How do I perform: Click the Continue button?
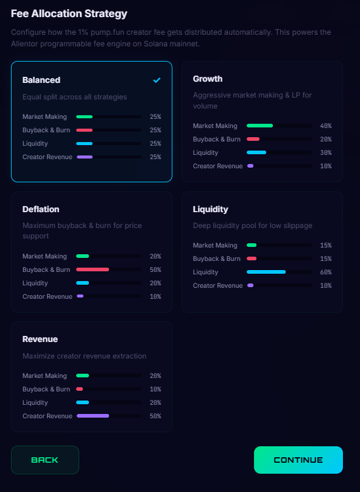click(x=298, y=460)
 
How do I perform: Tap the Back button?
click(x=45, y=460)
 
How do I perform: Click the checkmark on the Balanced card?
click(x=157, y=80)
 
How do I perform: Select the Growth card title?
click(x=208, y=79)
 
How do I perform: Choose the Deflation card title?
click(x=41, y=209)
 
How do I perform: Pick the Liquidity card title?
click(x=210, y=209)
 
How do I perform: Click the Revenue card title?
click(x=40, y=339)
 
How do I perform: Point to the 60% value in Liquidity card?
click(x=326, y=272)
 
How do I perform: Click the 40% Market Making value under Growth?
click(x=326, y=126)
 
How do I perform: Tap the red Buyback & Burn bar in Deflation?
click(x=93, y=269)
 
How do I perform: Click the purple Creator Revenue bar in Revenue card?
click(x=93, y=416)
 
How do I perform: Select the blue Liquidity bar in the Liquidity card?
click(x=266, y=272)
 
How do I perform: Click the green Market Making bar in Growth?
click(x=259, y=126)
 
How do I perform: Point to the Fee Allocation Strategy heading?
click(x=69, y=13)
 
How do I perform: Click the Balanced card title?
click(x=41, y=80)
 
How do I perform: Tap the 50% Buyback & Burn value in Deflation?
click(x=155, y=269)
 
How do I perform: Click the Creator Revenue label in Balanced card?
click(x=48, y=157)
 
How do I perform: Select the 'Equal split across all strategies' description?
click(x=74, y=96)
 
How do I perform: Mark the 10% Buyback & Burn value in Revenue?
click(x=155, y=389)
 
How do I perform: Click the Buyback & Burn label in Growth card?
click(x=217, y=139)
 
